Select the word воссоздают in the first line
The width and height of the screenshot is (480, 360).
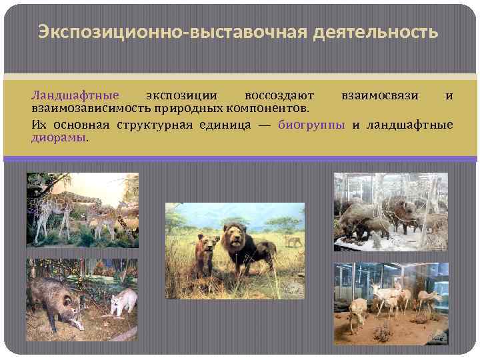(x=279, y=95)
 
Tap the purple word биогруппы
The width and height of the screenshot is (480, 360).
(x=311, y=125)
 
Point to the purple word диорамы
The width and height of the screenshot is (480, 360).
(x=59, y=137)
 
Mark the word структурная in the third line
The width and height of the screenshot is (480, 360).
(x=153, y=125)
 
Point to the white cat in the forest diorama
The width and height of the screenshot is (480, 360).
(x=123, y=301)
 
